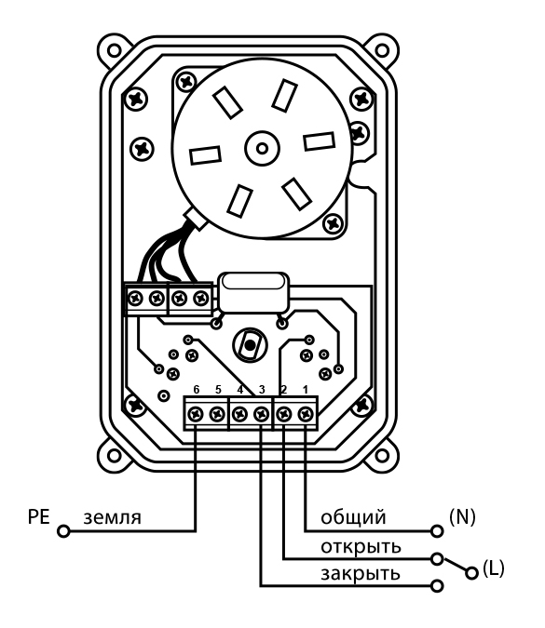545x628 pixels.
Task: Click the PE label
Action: tap(38, 516)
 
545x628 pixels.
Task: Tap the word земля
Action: tap(113, 518)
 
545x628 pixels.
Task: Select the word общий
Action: tap(353, 517)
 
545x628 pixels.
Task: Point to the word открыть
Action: tap(361, 547)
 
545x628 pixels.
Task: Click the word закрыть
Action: tap(361, 574)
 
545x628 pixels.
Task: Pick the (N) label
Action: tap(462, 517)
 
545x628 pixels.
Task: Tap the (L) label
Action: tap(493, 568)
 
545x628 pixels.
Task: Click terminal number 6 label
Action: tap(196, 389)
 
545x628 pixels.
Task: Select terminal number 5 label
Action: tap(218, 389)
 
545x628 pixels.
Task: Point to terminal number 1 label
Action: tap(306, 389)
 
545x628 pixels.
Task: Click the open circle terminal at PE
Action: tap(63, 531)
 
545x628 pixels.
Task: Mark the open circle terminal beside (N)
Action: tap(437, 531)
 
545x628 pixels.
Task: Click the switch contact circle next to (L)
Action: tap(472, 573)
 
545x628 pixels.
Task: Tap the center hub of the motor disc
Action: tap(262, 149)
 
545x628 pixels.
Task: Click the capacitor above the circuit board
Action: tap(253, 292)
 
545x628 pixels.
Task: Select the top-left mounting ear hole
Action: tap(115, 51)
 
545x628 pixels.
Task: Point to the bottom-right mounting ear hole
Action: tap(382, 455)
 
